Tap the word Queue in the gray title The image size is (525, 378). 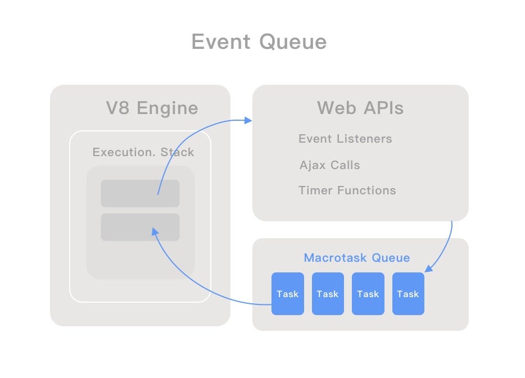point(293,42)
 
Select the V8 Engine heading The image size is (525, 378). point(152,107)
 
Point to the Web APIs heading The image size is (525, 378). point(360,107)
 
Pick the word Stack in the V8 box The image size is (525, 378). point(177,152)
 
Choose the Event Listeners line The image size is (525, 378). point(345,139)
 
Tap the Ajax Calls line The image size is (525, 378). point(329,165)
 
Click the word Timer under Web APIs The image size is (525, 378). point(315,190)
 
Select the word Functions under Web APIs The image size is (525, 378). point(366,190)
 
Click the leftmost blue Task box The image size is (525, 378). point(287,294)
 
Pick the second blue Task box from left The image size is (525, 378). point(328,294)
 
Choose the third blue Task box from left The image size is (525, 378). point(368,294)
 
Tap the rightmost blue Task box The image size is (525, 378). point(408,294)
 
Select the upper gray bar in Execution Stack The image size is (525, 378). point(140,193)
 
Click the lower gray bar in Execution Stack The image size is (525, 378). point(140,227)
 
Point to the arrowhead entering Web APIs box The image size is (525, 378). point(248,120)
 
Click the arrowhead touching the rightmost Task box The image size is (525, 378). point(428,269)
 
